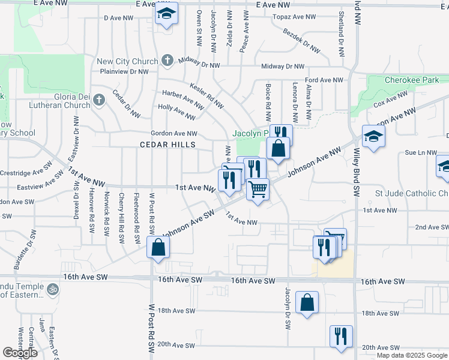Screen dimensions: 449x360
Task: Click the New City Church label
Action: coord(127,61)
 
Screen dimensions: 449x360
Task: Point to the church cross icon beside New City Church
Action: coord(167,61)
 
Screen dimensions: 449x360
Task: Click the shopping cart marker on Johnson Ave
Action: coord(258,190)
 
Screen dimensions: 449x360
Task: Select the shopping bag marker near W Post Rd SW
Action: coord(158,247)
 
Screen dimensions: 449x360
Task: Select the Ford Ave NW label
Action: coord(324,80)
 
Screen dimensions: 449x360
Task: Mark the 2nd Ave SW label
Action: coord(432,227)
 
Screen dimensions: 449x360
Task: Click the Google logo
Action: coord(20,353)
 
